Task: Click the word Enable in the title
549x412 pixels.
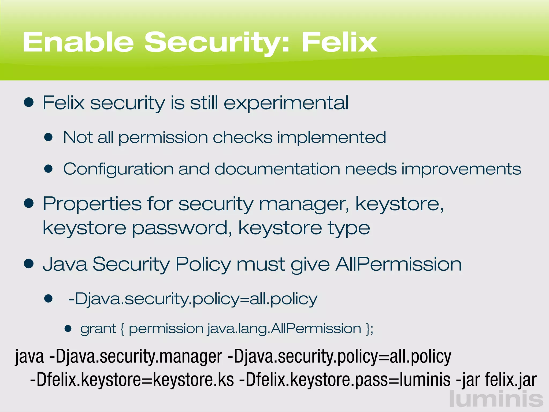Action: [x=78, y=42]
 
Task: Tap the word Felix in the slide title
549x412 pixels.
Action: [x=339, y=42]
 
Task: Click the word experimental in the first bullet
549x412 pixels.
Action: [x=286, y=103]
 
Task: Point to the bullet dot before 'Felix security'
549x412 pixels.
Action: [x=29, y=102]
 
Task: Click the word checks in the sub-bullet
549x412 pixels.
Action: [x=242, y=137]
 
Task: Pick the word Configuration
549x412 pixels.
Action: [x=118, y=170]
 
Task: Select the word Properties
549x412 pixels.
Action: [x=92, y=204]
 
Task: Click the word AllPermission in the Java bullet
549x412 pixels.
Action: [x=398, y=264]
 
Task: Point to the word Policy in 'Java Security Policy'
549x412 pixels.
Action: [x=203, y=265]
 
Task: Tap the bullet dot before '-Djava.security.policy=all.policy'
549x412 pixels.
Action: [x=49, y=298]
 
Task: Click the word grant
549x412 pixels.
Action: [x=98, y=329]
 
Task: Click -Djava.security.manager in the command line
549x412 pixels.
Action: [x=136, y=357]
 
